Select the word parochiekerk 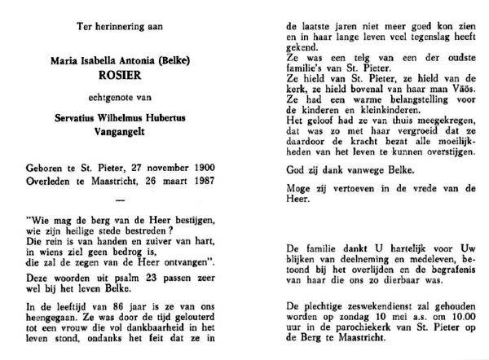click(355, 331)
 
